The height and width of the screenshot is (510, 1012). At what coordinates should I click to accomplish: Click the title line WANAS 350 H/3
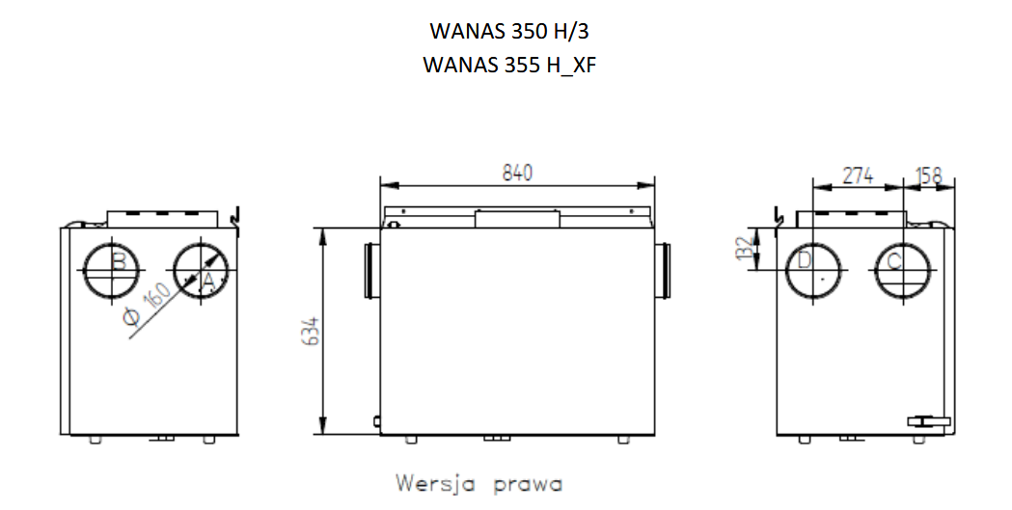coord(508,31)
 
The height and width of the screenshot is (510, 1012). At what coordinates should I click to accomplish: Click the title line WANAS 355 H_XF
coord(508,66)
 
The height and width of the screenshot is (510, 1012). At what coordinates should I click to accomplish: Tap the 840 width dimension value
coord(518,173)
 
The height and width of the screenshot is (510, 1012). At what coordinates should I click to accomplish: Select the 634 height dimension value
coord(311,330)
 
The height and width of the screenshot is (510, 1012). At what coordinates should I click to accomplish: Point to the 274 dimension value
coord(858,174)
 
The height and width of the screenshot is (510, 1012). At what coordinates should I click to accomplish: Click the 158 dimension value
coord(928,175)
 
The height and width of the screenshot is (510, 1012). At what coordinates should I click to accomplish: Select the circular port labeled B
coord(111,271)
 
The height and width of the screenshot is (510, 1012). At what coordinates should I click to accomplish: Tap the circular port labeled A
coord(202,271)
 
